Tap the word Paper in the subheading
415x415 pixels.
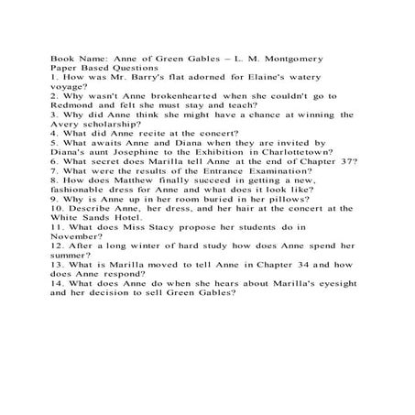(x=65, y=68)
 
